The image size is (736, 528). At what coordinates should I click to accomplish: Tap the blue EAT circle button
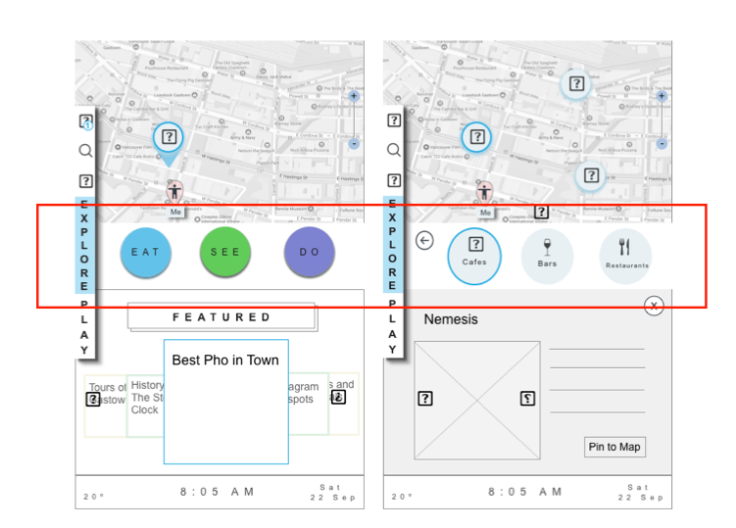[x=145, y=252]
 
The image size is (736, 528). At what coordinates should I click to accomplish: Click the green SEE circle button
[x=225, y=252]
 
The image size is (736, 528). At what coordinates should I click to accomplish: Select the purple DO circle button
[x=310, y=252]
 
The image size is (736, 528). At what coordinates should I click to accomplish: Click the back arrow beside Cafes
[x=424, y=241]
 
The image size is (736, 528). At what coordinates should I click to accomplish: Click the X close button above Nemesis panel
[x=654, y=307]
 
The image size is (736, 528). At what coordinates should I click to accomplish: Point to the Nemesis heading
[x=451, y=319]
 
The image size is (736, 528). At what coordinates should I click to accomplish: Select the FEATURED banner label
[x=221, y=317]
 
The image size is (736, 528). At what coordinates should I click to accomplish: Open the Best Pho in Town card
[x=225, y=402]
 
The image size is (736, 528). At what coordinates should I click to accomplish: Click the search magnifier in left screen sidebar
[x=85, y=151]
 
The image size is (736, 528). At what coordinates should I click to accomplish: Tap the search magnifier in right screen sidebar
[x=394, y=151]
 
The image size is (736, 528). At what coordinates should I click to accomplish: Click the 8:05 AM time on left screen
[x=218, y=491]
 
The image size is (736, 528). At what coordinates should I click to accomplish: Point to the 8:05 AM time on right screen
[x=525, y=491]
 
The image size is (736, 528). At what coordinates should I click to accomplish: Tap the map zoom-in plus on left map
[x=354, y=96]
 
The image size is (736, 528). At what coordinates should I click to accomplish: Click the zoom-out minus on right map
[x=662, y=144]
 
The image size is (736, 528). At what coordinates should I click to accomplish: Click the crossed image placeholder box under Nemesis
[x=476, y=400]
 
